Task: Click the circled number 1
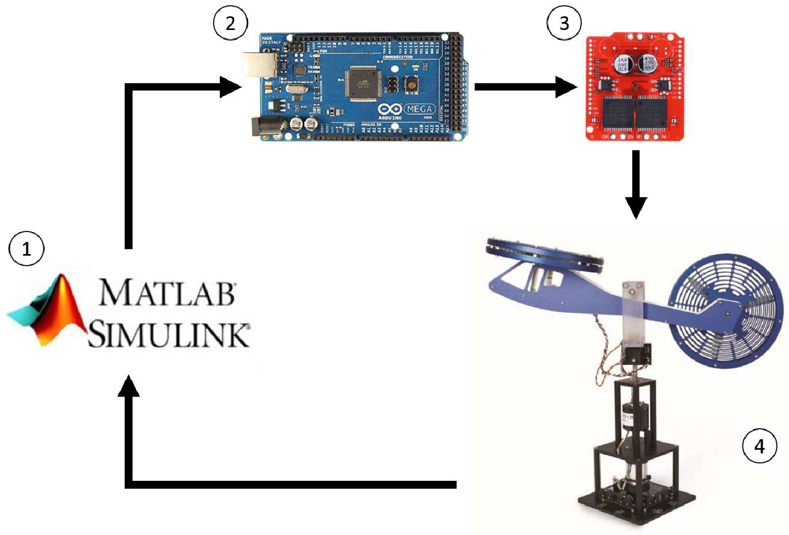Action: (26, 248)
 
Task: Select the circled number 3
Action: (564, 23)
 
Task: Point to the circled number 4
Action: (759, 446)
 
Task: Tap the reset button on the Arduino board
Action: (411, 84)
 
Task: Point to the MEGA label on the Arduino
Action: (419, 109)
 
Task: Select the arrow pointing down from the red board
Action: (636, 184)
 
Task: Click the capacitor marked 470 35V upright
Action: (648, 64)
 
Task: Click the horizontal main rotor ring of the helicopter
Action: (545, 254)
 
